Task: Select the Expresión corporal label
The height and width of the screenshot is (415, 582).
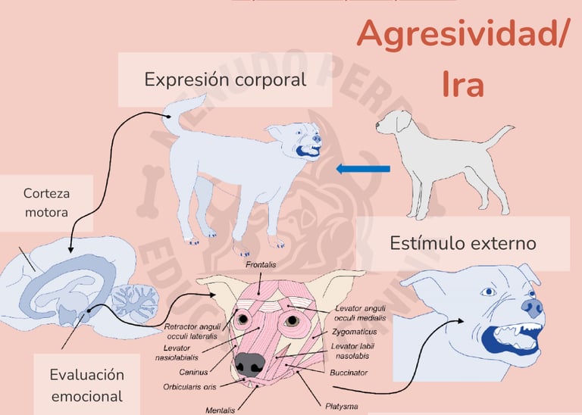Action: (225, 79)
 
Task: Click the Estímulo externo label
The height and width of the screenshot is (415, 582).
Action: (463, 243)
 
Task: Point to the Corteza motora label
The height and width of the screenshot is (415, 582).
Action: (46, 203)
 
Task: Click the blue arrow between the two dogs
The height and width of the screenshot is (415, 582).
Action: (363, 168)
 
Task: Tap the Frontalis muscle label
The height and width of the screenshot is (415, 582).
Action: (261, 266)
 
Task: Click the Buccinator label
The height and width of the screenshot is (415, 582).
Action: (349, 372)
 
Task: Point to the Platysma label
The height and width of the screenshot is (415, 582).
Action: (342, 406)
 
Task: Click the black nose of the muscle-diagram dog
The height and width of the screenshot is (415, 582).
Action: (247, 364)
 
